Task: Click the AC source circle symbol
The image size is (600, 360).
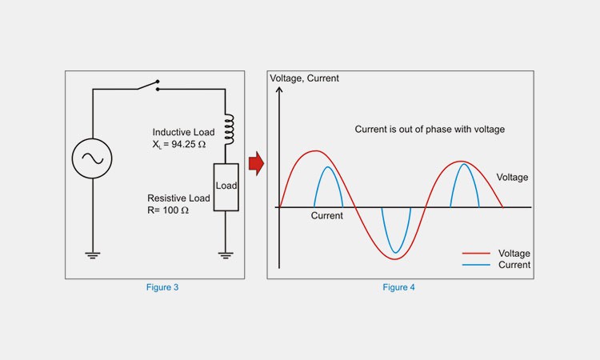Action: coord(93,158)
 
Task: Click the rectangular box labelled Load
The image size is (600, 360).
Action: coord(226,186)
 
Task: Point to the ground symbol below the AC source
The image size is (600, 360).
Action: coord(93,255)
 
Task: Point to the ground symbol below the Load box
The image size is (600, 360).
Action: coord(226,255)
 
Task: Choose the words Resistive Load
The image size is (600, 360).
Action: coord(178,198)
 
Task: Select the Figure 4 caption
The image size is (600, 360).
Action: coord(398,287)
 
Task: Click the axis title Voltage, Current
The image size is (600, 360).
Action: coord(305,78)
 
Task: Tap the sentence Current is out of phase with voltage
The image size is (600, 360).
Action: coord(430,130)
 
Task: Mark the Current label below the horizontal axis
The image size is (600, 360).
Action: coord(326,217)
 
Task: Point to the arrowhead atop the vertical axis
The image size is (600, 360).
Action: coord(279,90)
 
